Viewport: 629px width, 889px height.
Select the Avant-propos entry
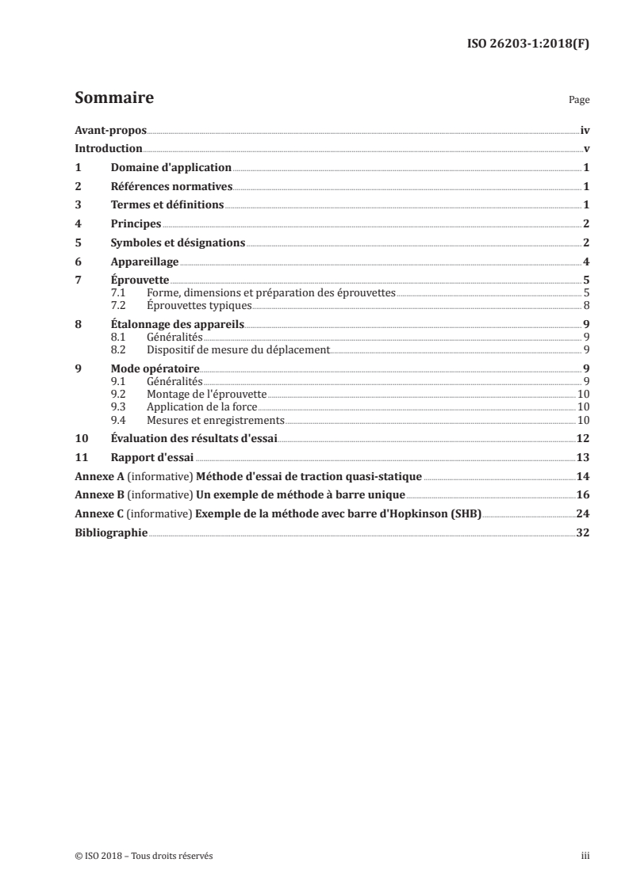tap(110, 130)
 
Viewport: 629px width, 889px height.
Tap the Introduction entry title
tap(108, 149)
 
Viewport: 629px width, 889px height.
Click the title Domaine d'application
tap(171, 168)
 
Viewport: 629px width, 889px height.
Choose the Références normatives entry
tap(171, 187)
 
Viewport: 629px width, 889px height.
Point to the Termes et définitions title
tap(167, 205)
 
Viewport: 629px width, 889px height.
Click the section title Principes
tap(136, 224)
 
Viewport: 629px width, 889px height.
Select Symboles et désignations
tap(178, 243)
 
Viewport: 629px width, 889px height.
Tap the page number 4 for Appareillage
tap(585, 262)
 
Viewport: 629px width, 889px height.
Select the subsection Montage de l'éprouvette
tap(206, 394)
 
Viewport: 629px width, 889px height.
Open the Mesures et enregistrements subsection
tap(215, 420)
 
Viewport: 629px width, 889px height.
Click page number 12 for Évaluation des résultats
tap(582, 439)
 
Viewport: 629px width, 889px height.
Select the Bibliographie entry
tap(110, 533)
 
